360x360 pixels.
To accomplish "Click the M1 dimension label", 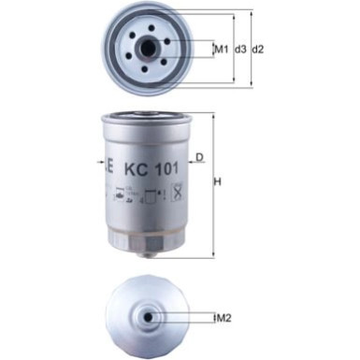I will [221, 49].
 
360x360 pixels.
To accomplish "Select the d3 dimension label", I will [240, 49].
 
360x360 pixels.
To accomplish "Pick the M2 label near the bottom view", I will [223, 319].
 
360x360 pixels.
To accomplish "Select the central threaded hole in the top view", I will [151, 49].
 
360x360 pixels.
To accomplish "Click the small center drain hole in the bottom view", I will [151, 319].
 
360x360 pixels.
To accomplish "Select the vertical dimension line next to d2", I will [251, 49].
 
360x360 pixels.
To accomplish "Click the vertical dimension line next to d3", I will [231, 49].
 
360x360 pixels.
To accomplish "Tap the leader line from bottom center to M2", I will [182, 319].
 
